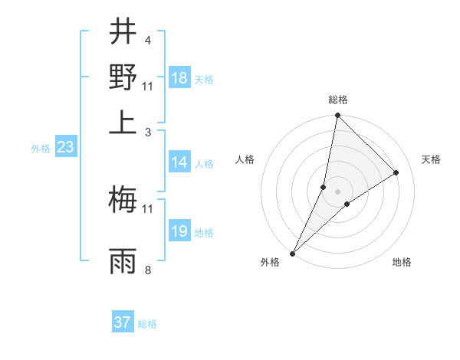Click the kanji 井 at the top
pos(123,32)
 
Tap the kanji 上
pos(123,122)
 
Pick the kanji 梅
pos(123,200)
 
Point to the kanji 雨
pos(123,260)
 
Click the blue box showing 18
pos(179,78)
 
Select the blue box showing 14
pos(179,162)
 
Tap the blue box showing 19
pos(179,231)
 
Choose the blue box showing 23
pos(65,148)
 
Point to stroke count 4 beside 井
pos(147,40)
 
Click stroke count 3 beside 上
pos(147,132)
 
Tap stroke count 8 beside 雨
pos(147,270)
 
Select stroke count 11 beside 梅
pos(147,208)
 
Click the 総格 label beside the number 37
pos(147,324)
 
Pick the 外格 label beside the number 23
pos(40,149)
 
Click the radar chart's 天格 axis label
pos(431,159)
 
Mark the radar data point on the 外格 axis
pos(293,253)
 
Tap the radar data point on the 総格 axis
pos(337,116)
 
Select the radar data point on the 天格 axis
pos(396,172)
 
